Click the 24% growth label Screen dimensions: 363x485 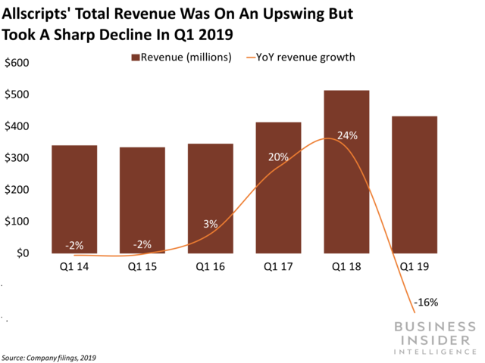[348, 135]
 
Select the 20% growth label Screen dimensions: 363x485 [278, 157]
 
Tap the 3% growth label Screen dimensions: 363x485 [211, 224]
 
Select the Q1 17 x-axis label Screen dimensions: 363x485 [279, 266]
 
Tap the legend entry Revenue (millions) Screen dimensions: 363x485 [182, 57]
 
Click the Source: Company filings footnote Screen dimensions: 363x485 [49, 357]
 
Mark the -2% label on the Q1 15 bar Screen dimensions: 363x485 [142, 244]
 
